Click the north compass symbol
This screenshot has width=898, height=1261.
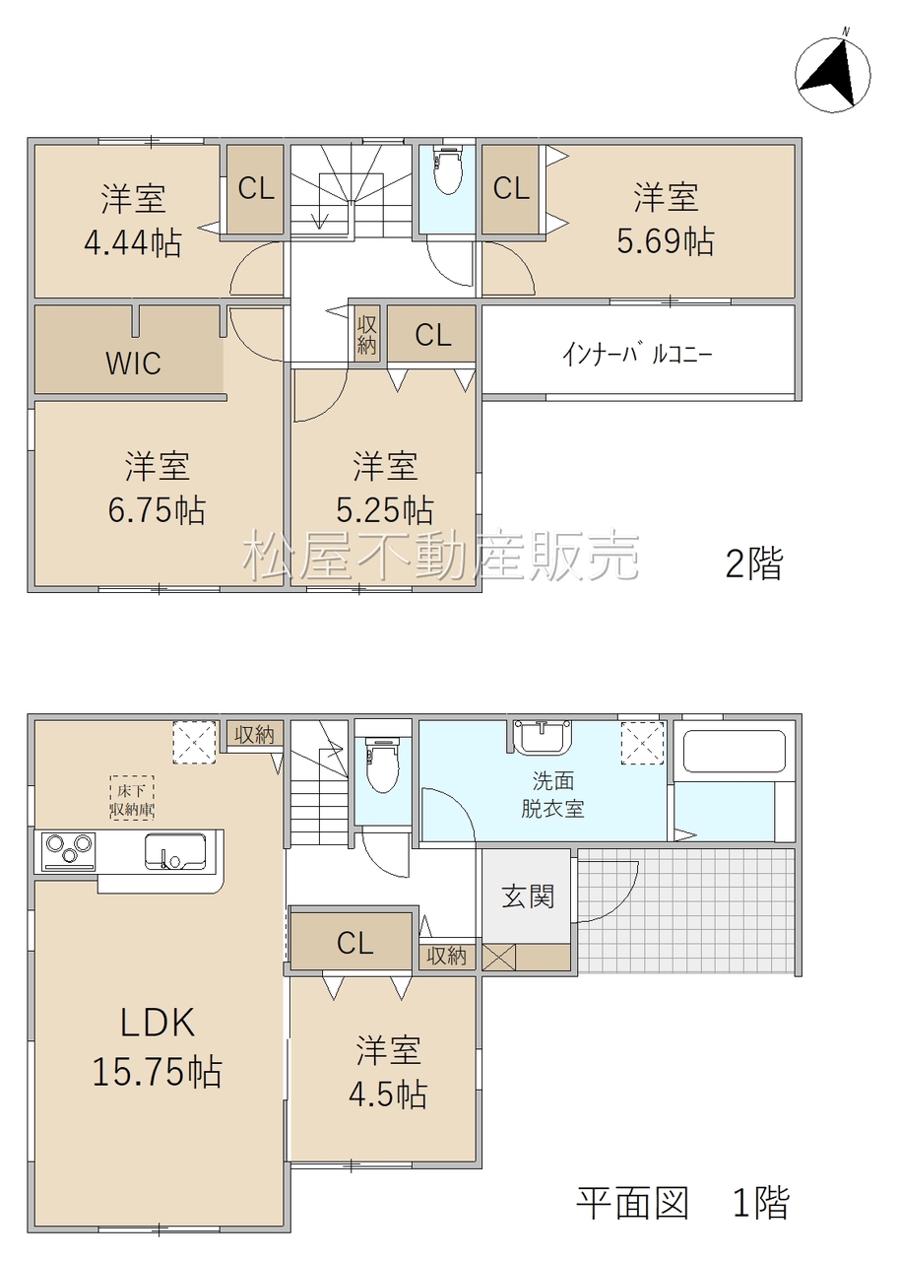tap(833, 73)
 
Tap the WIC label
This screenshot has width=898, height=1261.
tap(133, 364)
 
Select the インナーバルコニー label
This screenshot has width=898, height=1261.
tap(637, 355)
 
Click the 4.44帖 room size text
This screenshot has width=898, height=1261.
tap(133, 243)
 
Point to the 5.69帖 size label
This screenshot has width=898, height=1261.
tap(666, 242)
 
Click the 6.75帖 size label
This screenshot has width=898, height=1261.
tap(157, 510)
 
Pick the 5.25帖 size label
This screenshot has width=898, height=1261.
tap(385, 510)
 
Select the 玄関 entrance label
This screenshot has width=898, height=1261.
tap(528, 896)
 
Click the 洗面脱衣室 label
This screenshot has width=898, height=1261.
tap(552, 794)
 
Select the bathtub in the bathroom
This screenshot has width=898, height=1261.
tap(734, 752)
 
